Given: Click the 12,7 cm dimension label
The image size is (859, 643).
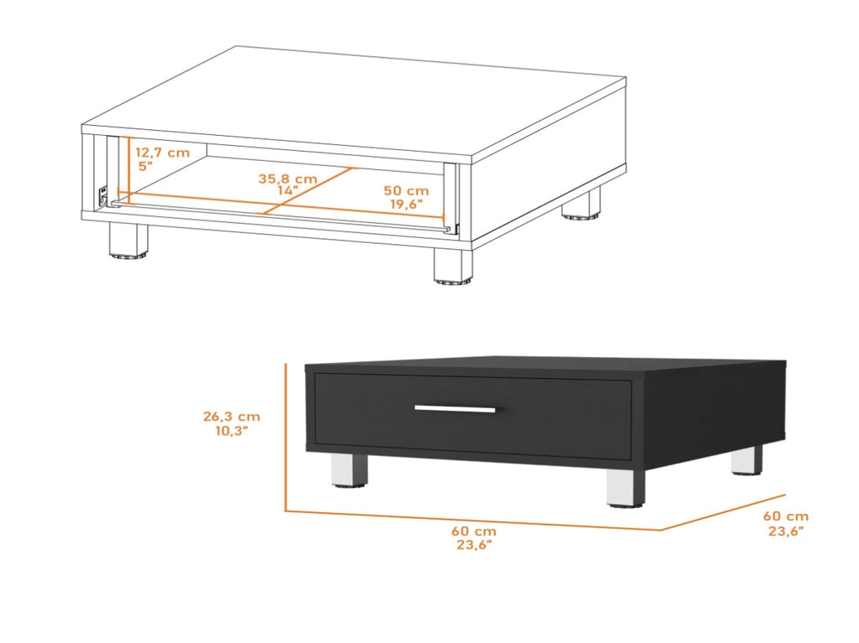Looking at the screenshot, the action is [162, 153].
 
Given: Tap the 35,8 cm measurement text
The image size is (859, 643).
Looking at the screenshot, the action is [288, 179].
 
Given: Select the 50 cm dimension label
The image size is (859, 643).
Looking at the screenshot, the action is [406, 190].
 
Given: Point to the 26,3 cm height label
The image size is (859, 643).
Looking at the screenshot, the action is [232, 417].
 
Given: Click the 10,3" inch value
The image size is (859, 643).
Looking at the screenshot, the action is [232, 431].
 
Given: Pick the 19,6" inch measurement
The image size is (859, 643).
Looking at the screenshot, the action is [407, 205].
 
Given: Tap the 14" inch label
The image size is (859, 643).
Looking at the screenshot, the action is [288, 190].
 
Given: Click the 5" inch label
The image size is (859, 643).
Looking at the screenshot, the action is [146, 166].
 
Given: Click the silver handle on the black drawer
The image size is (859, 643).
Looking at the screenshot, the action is [455, 408].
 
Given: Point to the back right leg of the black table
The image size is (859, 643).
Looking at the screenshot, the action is [747, 460].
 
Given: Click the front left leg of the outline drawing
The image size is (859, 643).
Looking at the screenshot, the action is [128, 240].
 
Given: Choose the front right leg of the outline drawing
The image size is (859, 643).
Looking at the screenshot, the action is [453, 266].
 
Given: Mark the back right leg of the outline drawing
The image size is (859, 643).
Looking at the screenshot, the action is [580, 204].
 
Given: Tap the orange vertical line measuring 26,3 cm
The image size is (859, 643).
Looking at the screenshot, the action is [285, 437].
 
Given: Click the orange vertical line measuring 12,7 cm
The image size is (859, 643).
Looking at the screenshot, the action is [128, 170].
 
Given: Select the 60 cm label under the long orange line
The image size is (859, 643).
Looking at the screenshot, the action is [474, 531].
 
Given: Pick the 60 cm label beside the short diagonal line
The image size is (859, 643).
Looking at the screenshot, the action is [785, 516].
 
